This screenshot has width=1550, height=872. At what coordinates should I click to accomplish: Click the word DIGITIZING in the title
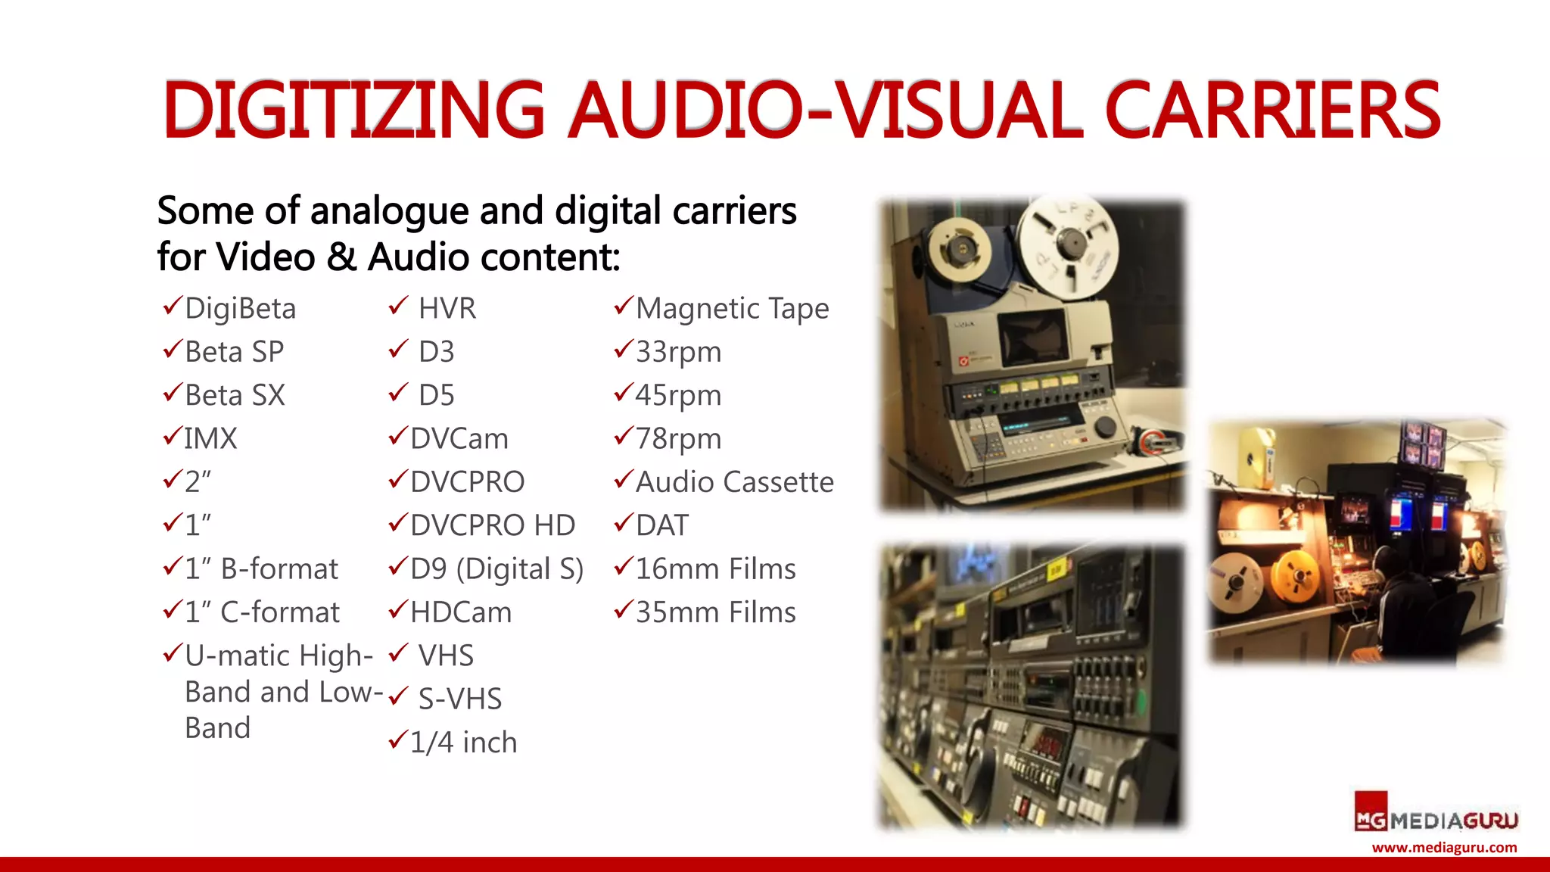(353, 110)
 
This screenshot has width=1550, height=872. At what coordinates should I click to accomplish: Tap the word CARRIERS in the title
(1272, 111)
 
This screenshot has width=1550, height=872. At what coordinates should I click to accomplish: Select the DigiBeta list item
(240, 309)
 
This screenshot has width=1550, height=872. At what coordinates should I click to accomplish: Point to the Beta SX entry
(235, 395)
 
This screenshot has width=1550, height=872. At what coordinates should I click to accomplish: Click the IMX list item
(210, 439)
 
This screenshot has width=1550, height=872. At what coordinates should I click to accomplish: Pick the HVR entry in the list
(447, 309)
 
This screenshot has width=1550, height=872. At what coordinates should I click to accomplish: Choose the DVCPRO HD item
(492, 525)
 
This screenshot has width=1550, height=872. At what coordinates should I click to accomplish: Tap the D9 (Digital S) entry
(496, 569)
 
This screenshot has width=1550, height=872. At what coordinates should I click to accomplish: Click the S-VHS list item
(459, 699)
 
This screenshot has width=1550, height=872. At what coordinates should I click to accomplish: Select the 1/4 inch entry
(463, 743)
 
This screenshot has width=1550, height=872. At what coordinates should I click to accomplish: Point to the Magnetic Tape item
(732, 309)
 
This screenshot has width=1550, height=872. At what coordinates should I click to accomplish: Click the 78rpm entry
(678, 439)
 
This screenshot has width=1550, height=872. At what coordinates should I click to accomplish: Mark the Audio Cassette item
(734, 482)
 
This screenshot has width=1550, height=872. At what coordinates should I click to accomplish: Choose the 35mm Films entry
(715, 612)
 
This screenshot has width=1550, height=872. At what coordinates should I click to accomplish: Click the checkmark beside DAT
(623, 522)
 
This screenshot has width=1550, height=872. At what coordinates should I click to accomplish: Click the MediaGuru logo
(1436, 817)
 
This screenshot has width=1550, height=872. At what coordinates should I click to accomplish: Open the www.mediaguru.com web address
(1444, 848)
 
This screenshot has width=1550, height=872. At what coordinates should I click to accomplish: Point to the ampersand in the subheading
(341, 257)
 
